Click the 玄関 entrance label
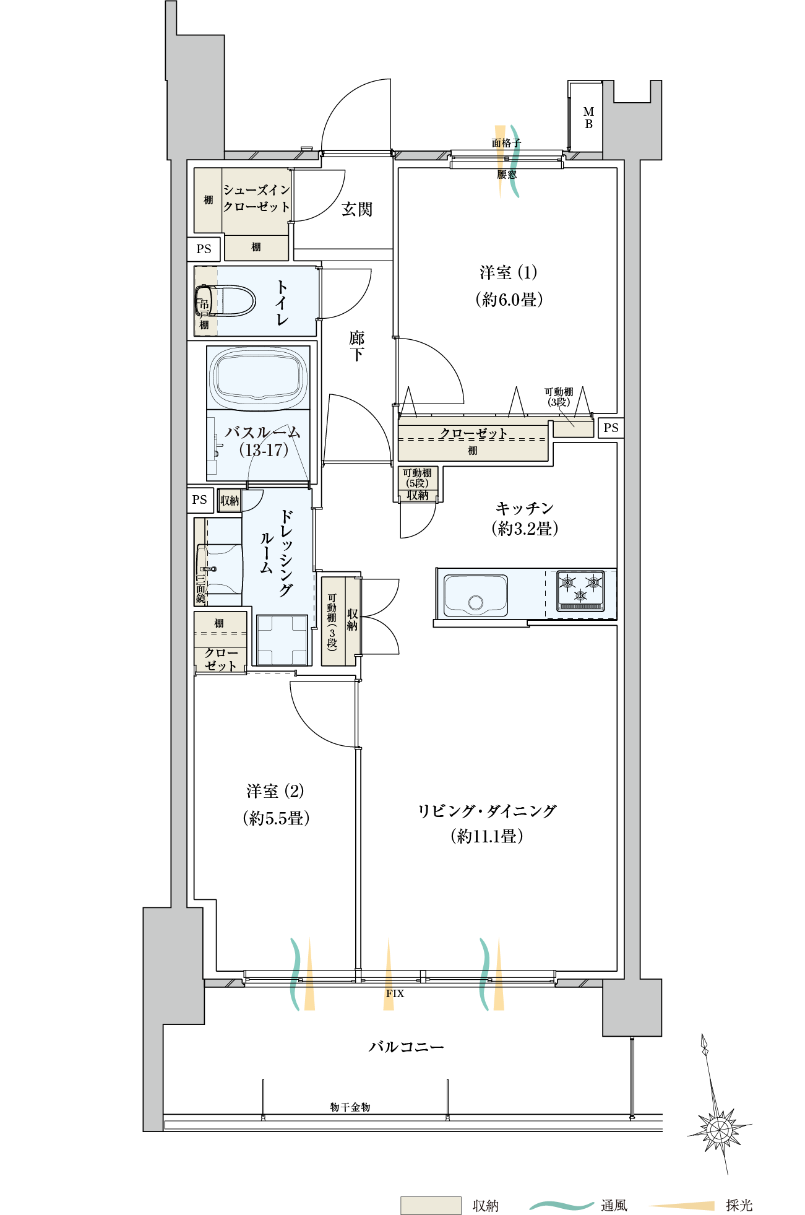(x=357, y=209)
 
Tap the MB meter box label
(x=588, y=118)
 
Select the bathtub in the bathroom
(x=258, y=377)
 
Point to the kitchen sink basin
(x=476, y=595)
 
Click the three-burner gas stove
(x=580, y=590)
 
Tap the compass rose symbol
(x=719, y=1130)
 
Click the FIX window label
(x=395, y=993)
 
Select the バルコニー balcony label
(x=406, y=1047)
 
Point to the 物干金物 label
(x=350, y=1107)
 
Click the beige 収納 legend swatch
(x=431, y=1205)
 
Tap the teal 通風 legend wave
(x=562, y=1205)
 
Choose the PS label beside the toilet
(x=204, y=249)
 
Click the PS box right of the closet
(x=611, y=428)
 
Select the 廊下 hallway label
(x=357, y=346)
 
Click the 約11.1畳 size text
(x=487, y=836)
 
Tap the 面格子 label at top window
(x=506, y=143)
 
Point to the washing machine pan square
(x=282, y=640)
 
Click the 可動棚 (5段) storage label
(x=418, y=478)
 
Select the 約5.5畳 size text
(x=276, y=818)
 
